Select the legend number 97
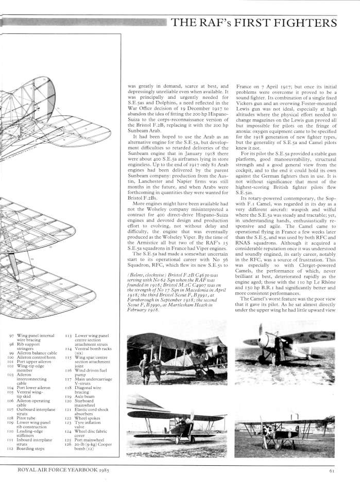[x=12, y=335]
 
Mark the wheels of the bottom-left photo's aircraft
[x=177, y=438]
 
